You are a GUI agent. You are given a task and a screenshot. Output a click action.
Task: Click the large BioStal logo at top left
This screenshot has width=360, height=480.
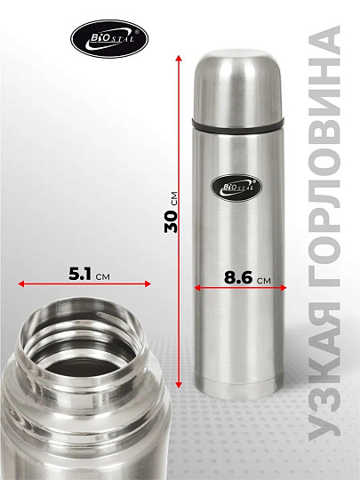109,38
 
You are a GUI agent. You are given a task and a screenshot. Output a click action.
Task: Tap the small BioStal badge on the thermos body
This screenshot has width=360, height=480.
236,188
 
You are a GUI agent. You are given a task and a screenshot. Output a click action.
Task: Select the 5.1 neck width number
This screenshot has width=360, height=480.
80,274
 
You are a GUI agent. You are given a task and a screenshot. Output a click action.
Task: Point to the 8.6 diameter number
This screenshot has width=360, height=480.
238,277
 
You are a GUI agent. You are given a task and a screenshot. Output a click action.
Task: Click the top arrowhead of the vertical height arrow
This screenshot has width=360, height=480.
179,58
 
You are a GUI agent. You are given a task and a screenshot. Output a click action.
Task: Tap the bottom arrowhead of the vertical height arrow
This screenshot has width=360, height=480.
179,385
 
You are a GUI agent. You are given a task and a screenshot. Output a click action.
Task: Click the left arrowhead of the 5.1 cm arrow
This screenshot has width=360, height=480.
21,284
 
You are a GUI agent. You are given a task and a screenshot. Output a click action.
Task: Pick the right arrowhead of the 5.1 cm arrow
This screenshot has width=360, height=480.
148,284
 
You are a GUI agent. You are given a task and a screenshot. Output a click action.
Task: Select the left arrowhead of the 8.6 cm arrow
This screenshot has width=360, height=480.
197,287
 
